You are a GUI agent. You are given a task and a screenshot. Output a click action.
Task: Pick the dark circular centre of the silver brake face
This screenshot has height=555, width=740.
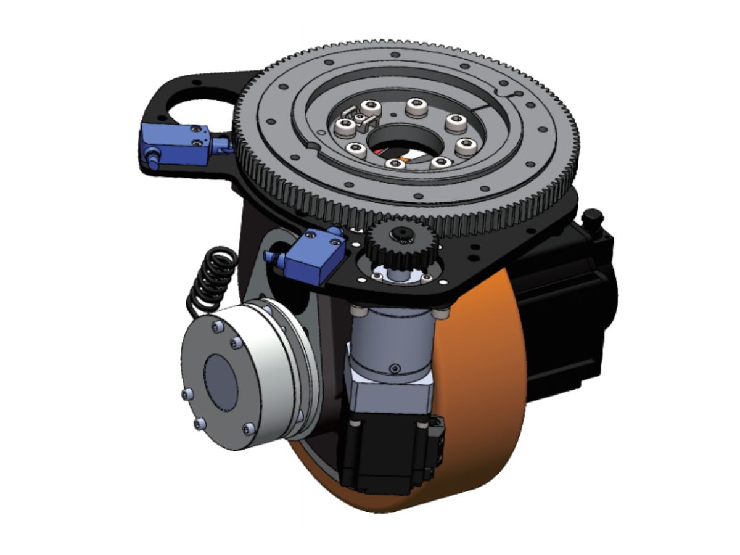(220, 382)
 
